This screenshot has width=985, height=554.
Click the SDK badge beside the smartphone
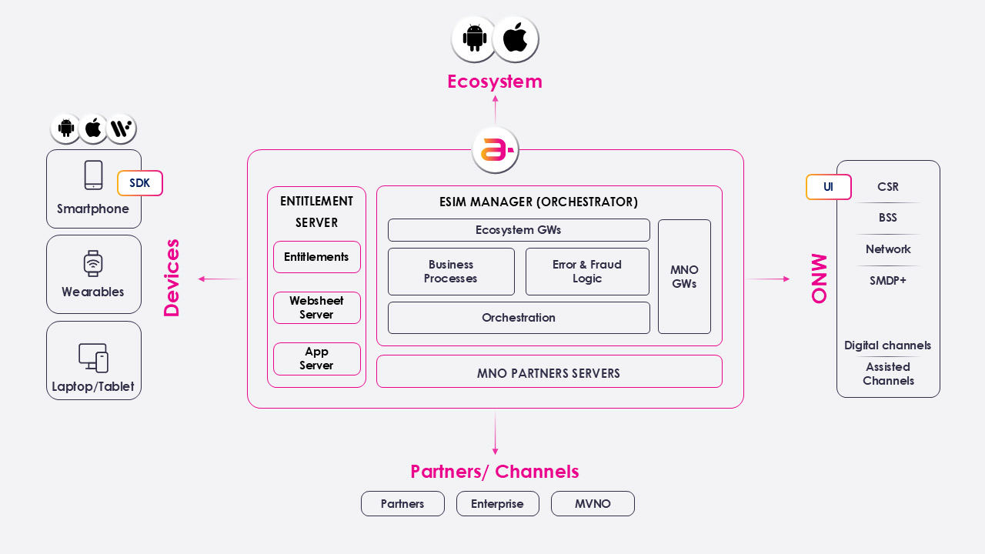(x=139, y=183)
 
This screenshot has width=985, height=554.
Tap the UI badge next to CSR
(x=828, y=187)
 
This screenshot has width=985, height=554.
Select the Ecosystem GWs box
(x=518, y=230)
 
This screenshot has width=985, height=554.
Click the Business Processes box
(x=451, y=272)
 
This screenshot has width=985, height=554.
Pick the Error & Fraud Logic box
(x=587, y=272)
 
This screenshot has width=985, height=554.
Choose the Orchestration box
(x=518, y=318)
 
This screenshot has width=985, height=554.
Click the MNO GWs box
(x=684, y=277)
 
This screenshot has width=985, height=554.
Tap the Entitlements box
(x=316, y=257)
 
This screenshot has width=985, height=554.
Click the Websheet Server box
(x=316, y=308)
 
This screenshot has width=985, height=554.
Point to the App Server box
(x=316, y=359)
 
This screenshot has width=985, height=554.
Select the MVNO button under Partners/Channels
(x=593, y=504)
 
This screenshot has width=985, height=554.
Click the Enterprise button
(x=497, y=504)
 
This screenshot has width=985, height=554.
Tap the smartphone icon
(x=93, y=175)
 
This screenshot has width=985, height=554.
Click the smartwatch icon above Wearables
(x=93, y=263)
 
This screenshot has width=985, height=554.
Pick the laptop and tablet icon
(x=93, y=358)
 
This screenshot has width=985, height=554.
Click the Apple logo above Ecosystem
(x=515, y=38)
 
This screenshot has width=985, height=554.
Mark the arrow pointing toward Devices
(x=219, y=279)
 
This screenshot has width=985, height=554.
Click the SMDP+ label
(x=888, y=281)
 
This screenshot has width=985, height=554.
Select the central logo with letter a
(x=495, y=150)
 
